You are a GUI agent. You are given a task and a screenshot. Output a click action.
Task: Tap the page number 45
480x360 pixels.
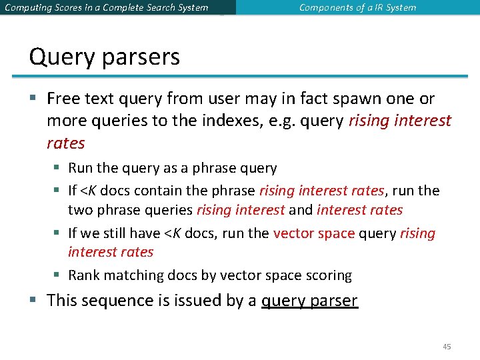pos(447,347)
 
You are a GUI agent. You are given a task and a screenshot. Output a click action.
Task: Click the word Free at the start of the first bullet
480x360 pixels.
pos(64,99)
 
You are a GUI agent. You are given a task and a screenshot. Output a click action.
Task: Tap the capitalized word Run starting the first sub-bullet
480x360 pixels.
pos(80,169)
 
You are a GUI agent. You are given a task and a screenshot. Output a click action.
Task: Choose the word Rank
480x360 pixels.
pos(83,275)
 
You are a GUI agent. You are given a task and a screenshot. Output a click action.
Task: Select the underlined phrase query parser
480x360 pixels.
pos(309,301)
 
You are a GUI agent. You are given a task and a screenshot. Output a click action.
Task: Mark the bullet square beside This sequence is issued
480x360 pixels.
pos(33,301)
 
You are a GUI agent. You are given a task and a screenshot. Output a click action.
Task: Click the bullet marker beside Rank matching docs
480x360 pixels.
pos(59,275)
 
